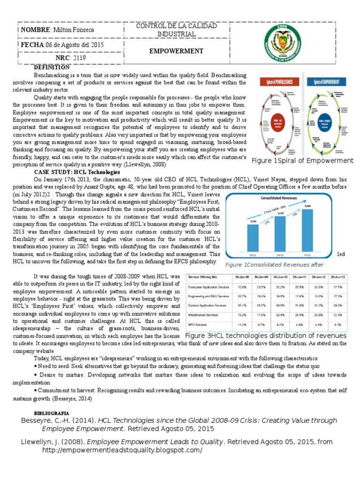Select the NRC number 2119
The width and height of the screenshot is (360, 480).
click(x=78, y=59)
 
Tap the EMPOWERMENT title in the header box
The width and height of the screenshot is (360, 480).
click(x=176, y=51)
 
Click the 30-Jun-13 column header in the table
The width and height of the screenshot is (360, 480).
click(x=340, y=277)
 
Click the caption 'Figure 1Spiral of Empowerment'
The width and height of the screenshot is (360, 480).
click(x=302, y=161)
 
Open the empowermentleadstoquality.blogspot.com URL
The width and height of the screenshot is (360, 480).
click(x=122, y=450)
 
